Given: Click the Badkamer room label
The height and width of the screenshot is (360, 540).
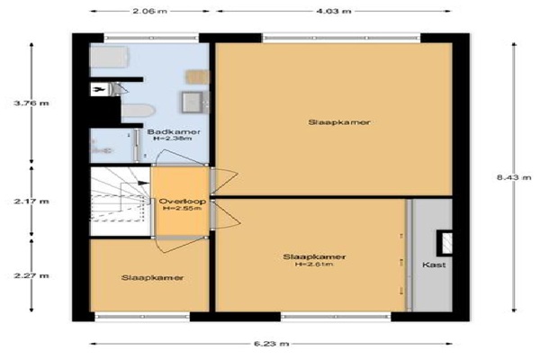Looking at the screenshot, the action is coord(174,131).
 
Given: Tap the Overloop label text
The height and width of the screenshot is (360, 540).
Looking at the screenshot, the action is coord(183,202).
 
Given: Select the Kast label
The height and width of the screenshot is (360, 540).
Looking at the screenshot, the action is coord(434,265).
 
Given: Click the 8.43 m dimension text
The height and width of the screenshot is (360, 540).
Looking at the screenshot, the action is coord(514,177).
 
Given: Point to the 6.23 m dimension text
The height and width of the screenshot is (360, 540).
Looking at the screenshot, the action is coord(272,344).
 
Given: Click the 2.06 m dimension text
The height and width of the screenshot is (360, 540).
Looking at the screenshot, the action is coord(149,11).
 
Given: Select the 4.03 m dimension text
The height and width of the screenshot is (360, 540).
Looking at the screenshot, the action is coord(334,11).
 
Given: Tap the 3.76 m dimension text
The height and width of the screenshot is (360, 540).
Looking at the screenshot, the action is coord(31,103).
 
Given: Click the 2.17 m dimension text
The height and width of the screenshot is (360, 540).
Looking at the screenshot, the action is coord(31,202).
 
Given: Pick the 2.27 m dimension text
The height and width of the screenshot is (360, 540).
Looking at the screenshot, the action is coord(31,275).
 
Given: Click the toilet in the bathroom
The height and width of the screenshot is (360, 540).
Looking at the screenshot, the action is coord(138,111).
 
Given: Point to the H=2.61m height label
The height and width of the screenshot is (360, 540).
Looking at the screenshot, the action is coord(314,265).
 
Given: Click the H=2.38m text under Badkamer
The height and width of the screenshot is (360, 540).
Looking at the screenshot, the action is coord(173,139).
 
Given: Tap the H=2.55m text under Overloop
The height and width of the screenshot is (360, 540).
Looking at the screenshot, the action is coord(182,208).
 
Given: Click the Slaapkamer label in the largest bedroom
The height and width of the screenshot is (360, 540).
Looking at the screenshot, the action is coord(339,122).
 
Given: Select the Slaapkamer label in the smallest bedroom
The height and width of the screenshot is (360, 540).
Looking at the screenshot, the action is coord(152,278).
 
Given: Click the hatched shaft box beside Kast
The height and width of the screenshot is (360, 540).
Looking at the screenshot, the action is coord(445,243).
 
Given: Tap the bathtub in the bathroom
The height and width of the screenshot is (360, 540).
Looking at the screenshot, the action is coord(110,57).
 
